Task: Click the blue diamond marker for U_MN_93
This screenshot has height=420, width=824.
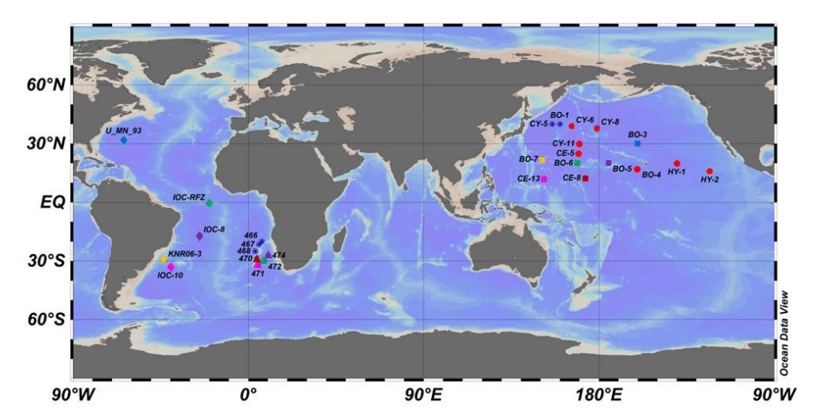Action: (x=124, y=140)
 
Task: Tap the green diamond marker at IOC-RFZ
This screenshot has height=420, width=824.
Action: (x=209, y=203)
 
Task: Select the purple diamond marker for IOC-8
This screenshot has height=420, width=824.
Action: (x=199, y=236)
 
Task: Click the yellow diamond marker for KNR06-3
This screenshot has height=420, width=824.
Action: (x=164, y=260)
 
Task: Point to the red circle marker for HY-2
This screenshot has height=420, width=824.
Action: (x=710, y=172)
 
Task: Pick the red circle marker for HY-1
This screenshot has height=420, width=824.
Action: (x=677, y=164)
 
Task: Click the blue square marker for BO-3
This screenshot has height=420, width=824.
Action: (x=637, y=144)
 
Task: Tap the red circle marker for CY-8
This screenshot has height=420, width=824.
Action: (x=597, y=129)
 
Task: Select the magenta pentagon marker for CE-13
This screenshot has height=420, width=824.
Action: (x=545, y=178)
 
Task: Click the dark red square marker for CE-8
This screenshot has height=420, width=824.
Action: (x=585, y=178)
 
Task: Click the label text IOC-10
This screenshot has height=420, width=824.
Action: (x=170, y=275)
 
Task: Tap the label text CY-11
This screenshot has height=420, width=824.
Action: (x=564, y=144)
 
